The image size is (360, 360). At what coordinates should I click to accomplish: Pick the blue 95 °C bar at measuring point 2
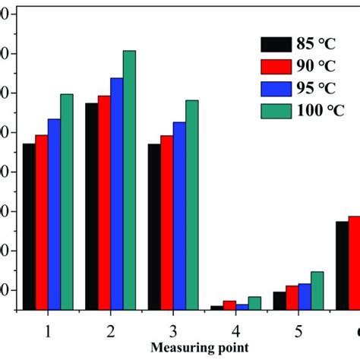point(116,194)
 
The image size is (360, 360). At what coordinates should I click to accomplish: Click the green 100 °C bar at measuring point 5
point(317,290)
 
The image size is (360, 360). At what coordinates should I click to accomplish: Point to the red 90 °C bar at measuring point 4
point(229,305)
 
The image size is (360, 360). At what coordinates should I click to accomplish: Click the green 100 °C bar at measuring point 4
point(254,303)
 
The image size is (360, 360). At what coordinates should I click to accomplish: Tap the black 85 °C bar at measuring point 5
point(279,301)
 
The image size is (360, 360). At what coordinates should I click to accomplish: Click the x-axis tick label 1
point(48,332)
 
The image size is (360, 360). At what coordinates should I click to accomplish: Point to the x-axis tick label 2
point(110,332)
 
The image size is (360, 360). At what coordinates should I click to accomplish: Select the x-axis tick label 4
point(236,332)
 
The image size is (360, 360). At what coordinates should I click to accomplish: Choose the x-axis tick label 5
point(298,332)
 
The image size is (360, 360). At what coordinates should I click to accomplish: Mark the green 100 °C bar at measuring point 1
point(67,202)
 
